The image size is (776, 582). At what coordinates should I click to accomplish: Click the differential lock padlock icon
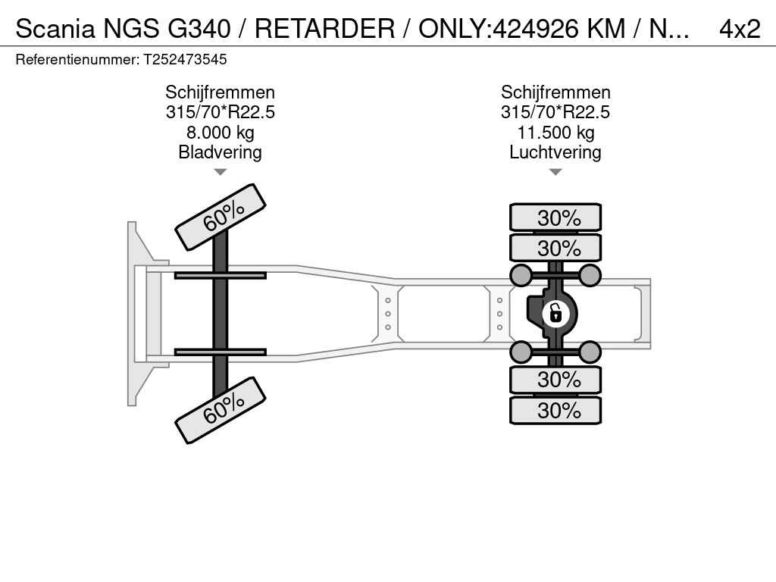pyautogui.click(x=555, y=314)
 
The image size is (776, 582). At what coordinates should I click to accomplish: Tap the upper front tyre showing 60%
pyautogui.click(x=221, y=217)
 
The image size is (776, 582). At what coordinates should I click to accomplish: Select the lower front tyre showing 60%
pyautogui.click(x=221, y=410)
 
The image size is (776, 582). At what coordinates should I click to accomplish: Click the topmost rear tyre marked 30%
pyautogui.click(x=555, y=217)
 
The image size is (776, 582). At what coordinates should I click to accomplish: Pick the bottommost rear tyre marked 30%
pyautogui.click(x=555, y=410)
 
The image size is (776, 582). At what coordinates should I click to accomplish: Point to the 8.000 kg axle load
pyautogui.click(x=221, y=132)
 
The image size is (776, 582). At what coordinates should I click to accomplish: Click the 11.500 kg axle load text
pyautogui.click(x=555, y=132)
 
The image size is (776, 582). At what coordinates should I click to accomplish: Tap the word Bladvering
pyautogui.click(x=221, y=152)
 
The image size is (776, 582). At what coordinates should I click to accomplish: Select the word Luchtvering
pyautogui.click(x=555, y=152)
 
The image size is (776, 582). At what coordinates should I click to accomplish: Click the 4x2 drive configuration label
pyautogui.click(x=740, y=30)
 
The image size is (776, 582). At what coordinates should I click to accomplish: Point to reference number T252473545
pyautogui.click(x=185, y=59)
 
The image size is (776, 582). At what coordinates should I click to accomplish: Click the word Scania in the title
pyautogui.click(x=55, y=29)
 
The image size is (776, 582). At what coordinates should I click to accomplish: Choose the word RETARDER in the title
pyautogui.click(x=324, y=29)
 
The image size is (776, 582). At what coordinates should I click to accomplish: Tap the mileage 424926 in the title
pyautogui.click(x=536, y=29)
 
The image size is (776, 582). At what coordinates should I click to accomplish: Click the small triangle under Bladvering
pyautogui.click(x=221, y=172)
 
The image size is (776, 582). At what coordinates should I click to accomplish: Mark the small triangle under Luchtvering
pyautogui.click(x=555, y=172)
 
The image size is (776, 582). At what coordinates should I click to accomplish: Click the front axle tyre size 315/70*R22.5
pyautogui.click(x=221, y=112)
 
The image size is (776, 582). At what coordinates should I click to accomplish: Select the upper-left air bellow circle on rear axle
pyautogui.click(x=521, y=275)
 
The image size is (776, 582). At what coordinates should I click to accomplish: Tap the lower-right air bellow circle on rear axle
pyautogui.click(x=590, y=352)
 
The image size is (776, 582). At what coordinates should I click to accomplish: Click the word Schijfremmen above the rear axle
pyautogui.click(x=555, y=92)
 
